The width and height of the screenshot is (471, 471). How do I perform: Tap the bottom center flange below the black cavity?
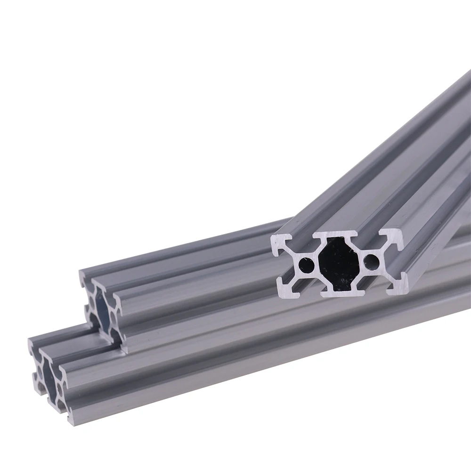click(344, 293)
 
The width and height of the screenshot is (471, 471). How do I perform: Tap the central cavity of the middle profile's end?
click(101, 309)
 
